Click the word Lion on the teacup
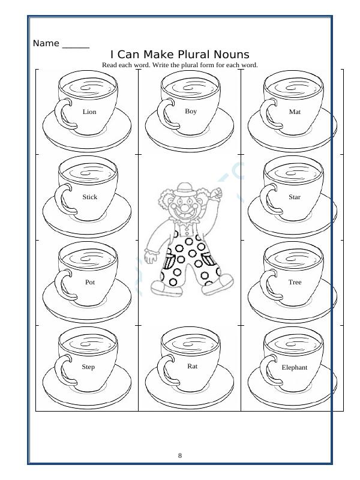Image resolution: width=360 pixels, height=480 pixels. (89, 112)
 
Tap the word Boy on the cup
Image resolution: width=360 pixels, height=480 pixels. (191, 111)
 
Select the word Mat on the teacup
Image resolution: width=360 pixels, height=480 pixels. (295, 112)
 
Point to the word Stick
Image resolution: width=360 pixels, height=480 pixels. (89, 197)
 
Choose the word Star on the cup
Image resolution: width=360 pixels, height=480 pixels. (295, 197)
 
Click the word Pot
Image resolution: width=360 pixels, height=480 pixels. (90, 281)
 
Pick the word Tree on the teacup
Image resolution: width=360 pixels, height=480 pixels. (295, 282)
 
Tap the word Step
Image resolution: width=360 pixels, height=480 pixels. (88, 367)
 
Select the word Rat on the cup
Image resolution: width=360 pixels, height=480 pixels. (192, 365)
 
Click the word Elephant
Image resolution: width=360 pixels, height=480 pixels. (295, 367)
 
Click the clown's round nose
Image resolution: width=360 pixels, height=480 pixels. (187, 212)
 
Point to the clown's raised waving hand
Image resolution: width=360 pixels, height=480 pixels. (218, 193)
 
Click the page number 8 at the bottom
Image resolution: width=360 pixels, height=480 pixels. (180, 455)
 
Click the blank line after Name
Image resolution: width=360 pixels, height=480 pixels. (76, 46)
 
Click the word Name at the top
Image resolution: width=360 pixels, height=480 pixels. (46, 43)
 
